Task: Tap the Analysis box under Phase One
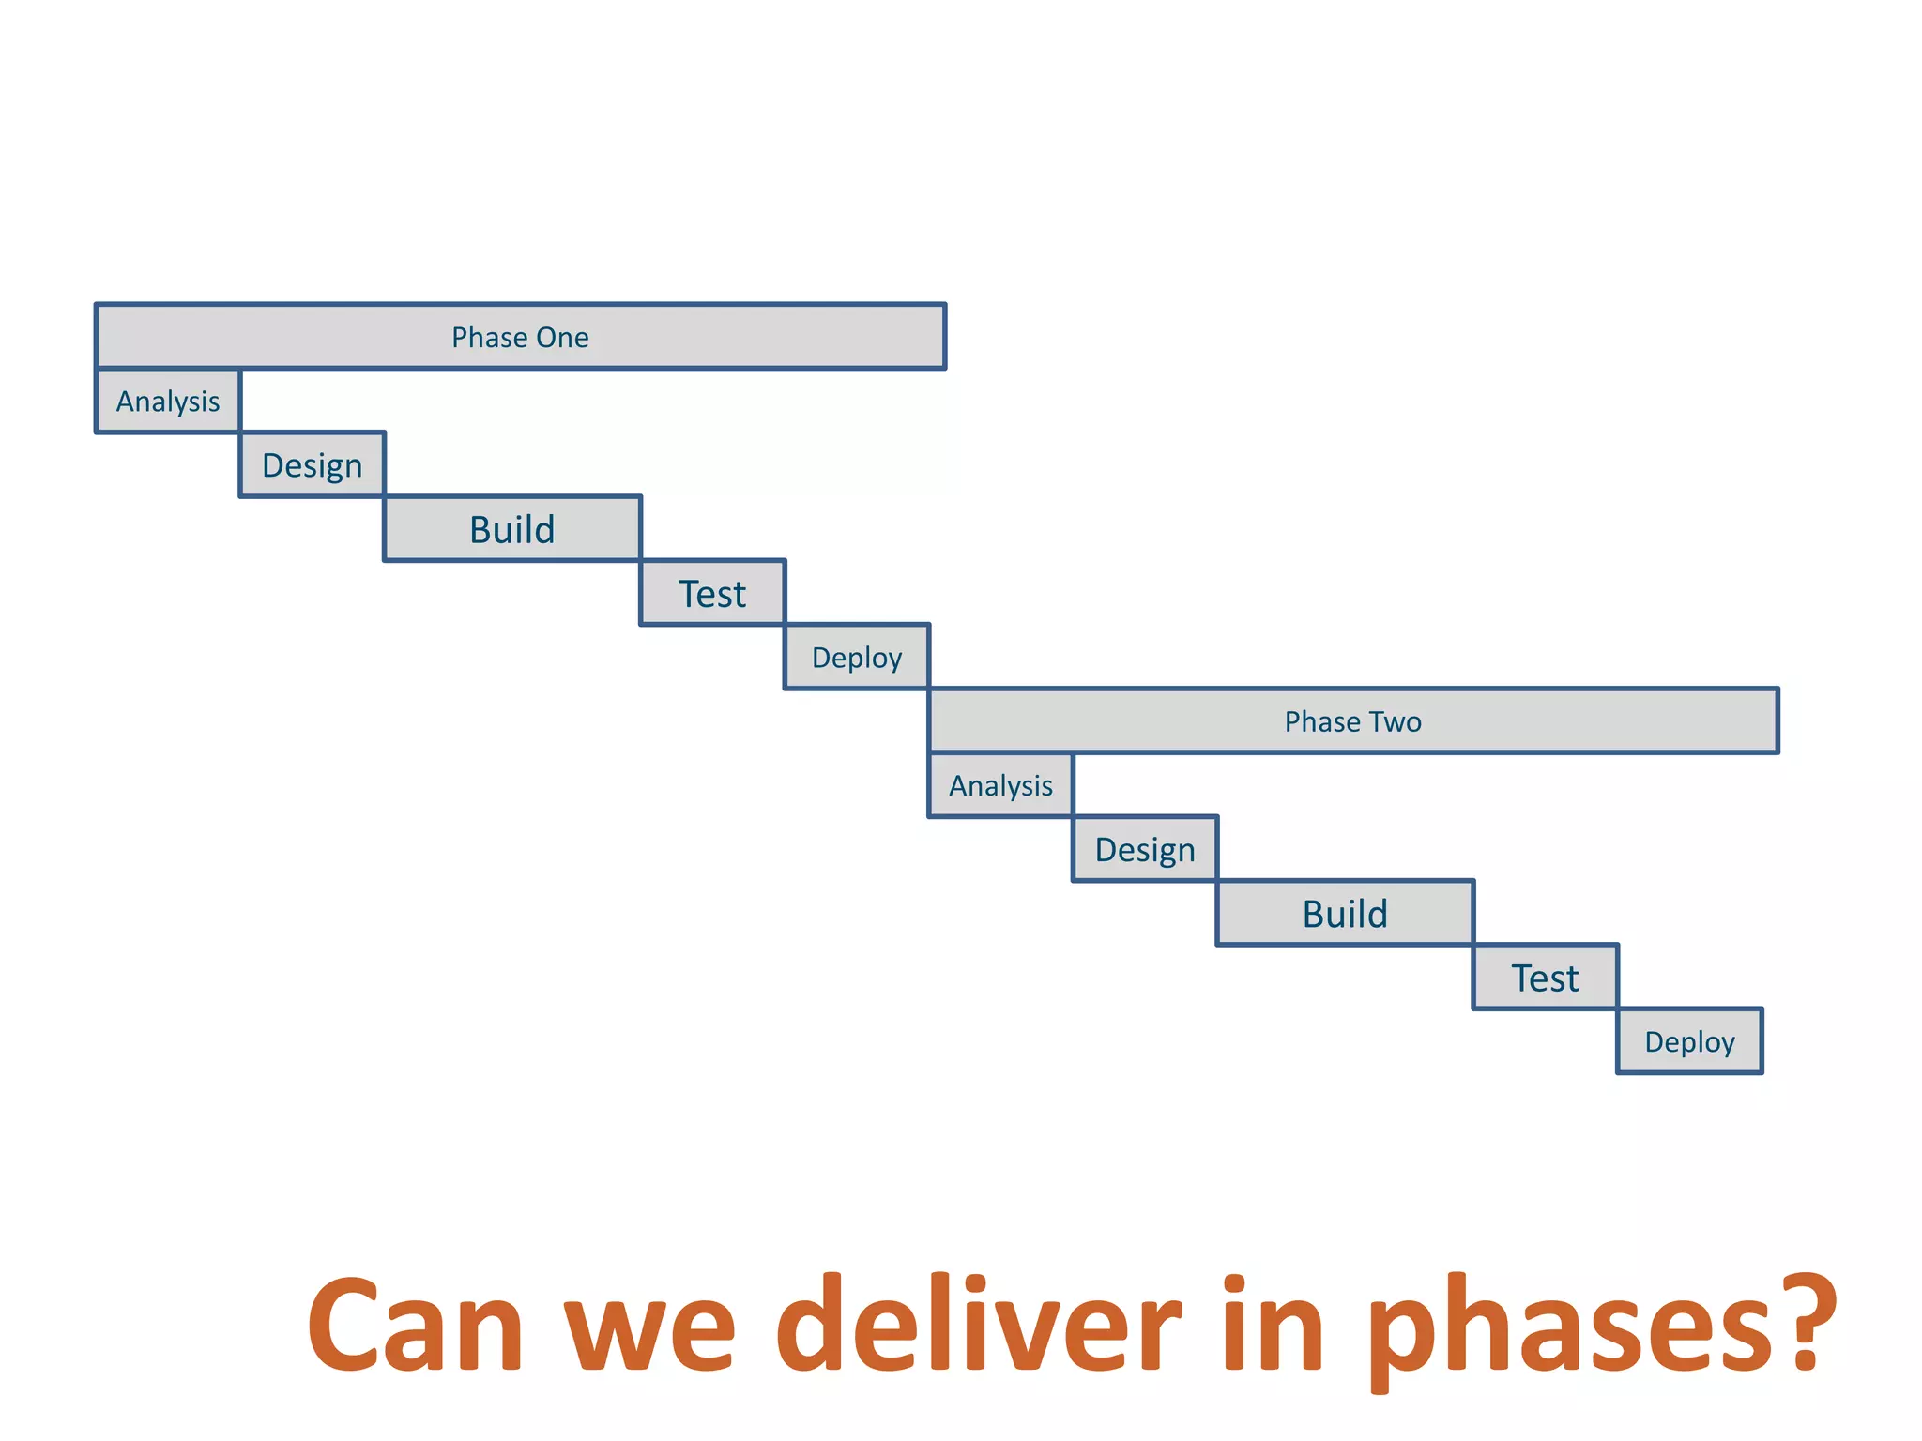[168, 402]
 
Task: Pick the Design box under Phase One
[313, 465]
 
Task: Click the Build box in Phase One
[512, 529]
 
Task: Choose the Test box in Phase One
[712, 594]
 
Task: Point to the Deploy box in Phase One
[857, 658]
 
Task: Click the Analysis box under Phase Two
[1000, 785]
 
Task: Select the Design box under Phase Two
[1145, 850]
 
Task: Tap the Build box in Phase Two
[1345, 914]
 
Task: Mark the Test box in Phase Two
[1545, 978]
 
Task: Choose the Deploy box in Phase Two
[1689, 1042]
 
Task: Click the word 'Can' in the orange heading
[415, 1327]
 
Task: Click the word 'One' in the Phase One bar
[562, 338]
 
